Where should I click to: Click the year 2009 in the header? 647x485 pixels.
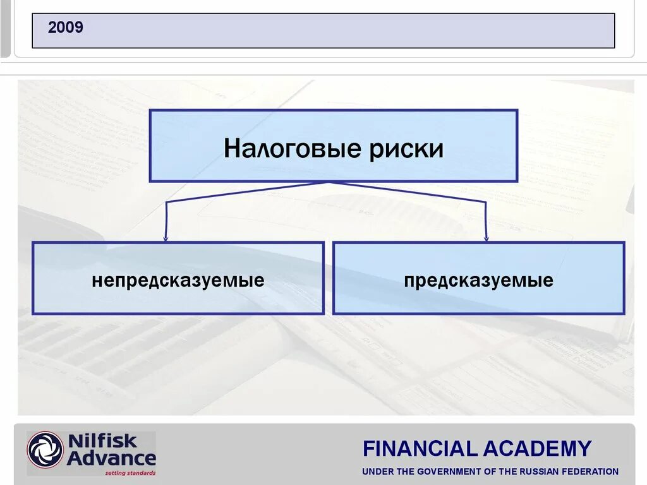coord(66,28)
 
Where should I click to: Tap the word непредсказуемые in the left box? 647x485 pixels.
coord(178,280)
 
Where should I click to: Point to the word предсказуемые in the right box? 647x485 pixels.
coord(478,280)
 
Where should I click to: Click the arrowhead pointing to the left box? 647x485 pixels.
coord(166,238)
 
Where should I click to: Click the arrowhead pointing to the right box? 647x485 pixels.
coord(486,238)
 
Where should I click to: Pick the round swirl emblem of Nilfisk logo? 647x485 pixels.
coord(45,450)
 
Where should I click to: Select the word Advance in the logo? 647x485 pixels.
coord(111,457)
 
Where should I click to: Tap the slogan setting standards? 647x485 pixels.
coord(130,472)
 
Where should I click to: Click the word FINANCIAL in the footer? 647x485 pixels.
coord(420,449)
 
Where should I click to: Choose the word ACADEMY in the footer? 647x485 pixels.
coord(538,449)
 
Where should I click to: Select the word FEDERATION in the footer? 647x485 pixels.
coord(593,472)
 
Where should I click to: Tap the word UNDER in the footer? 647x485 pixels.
coord(377,472)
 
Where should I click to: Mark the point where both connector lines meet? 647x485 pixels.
coord(329,183)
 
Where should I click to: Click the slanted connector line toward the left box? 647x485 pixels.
coord(246,192)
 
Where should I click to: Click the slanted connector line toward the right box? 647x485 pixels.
coord(408,192)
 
